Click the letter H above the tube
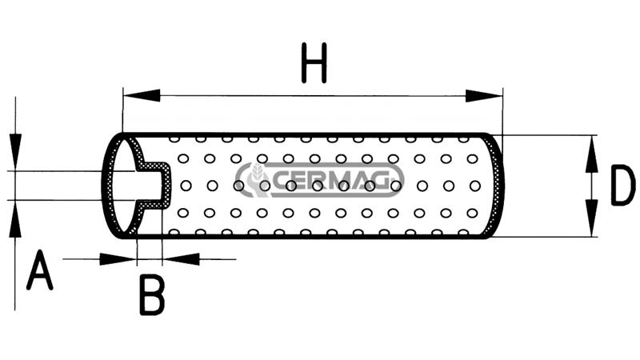(314, 63)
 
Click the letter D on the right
(623, 185)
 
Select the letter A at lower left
(39, 270)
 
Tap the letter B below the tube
(152, 294)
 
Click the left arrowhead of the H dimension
(142, 95)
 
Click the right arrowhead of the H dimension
(484, 96)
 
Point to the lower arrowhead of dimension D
(591, 218)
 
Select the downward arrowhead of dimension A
(15, 152)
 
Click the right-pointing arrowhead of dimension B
(118, 258)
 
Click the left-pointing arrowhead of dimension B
(181, 258)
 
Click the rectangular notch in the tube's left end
(154, 186)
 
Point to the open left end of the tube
(123, 186)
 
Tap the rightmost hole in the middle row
(474, 186)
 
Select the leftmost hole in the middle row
(186, 186)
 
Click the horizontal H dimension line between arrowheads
(313, 96)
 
